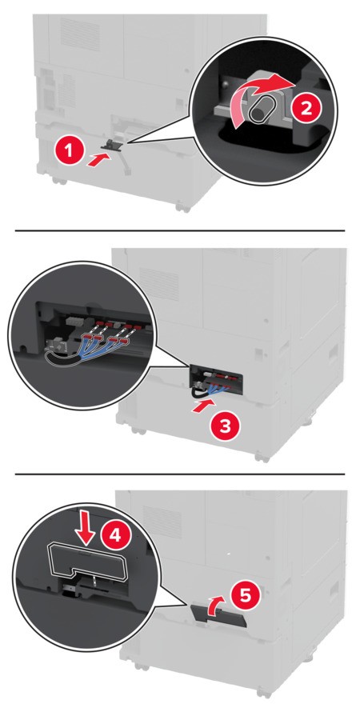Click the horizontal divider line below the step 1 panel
(x=180, y=230)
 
